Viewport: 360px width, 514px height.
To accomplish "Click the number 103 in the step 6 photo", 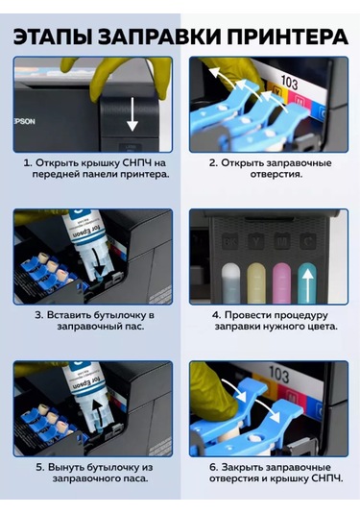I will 278,374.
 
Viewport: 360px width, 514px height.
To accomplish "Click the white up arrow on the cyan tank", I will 307,284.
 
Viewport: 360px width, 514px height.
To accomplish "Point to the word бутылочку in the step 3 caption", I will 125,314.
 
